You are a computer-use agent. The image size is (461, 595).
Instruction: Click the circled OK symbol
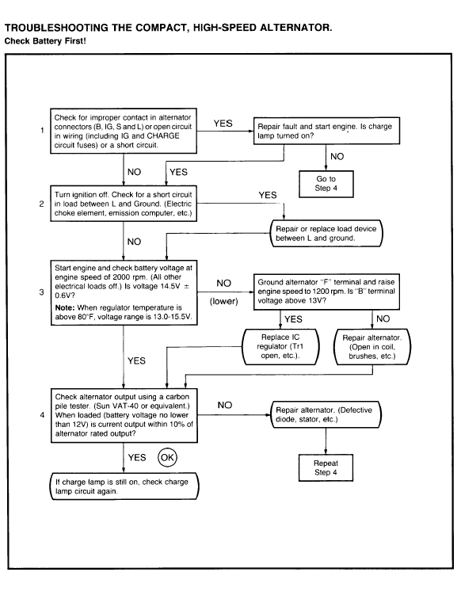(167, 457)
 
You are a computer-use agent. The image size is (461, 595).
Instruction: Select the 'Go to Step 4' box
(326, 184)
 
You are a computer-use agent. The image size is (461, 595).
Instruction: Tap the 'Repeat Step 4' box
(326, 468)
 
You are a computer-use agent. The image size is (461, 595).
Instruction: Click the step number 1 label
(42, 130)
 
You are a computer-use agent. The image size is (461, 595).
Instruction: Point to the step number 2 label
(42, 204)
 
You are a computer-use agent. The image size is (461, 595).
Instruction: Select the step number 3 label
(42, 292)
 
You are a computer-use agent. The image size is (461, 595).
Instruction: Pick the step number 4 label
(42, 415)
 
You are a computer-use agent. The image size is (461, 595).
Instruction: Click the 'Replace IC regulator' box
(280, 346)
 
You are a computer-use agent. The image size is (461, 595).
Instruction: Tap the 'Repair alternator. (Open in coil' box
(371, 347)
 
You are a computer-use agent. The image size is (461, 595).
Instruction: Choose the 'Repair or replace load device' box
(326, 234)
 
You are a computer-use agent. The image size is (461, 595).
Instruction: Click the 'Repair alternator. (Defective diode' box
(326, 414)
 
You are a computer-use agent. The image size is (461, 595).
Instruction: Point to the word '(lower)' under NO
(224, 301)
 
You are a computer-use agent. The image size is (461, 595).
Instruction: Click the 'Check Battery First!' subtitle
(45, 41)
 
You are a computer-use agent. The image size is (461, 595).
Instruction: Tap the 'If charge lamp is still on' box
(124, 486)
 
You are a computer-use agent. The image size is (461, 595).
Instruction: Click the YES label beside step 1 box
(223, 124)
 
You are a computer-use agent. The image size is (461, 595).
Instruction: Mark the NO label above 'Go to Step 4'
(337, 156)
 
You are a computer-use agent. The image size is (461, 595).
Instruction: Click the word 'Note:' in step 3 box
(65, 307)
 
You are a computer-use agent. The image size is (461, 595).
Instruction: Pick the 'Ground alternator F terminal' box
(326, 292)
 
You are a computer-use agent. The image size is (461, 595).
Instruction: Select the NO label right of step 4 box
(225, 406)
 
